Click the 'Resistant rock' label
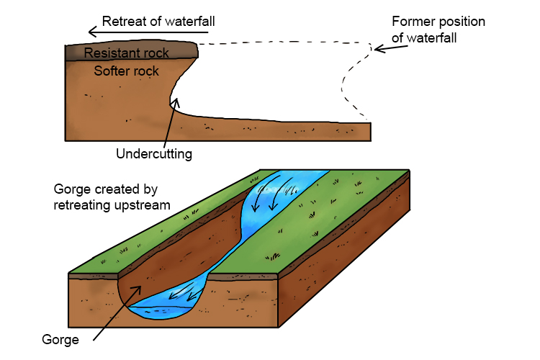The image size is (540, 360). pyautogui.click(x=126, y=53)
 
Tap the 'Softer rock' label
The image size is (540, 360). pyautogui.click(x=127, y=71)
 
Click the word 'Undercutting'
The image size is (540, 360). pyautogui.click(x=154, y=153)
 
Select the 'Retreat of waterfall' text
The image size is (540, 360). pyautogui.click(x=158, y=22)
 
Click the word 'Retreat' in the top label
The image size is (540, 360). pyautogui.click(x=122, y=22)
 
